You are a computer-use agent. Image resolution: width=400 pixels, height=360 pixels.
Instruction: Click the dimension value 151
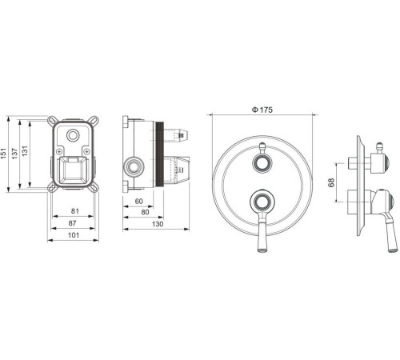tap(3, 154)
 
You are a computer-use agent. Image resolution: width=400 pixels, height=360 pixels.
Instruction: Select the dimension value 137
tap(14, 154)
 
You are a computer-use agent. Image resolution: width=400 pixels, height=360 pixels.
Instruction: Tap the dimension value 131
tap(25, 151)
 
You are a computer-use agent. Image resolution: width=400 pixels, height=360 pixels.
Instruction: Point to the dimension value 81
tap(75, 211)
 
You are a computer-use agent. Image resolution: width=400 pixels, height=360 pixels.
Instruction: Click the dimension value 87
tap(72, 223)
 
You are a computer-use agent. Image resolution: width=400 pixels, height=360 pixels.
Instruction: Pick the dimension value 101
tap(74, 235)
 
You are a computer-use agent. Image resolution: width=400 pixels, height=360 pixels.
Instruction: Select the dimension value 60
tap(139, 201)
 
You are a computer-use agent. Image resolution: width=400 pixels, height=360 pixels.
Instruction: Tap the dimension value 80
tap(145, 212)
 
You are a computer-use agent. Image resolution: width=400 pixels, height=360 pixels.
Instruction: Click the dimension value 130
tap(158, 224)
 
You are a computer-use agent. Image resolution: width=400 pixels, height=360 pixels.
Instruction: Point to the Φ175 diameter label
tap(262, 110)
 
